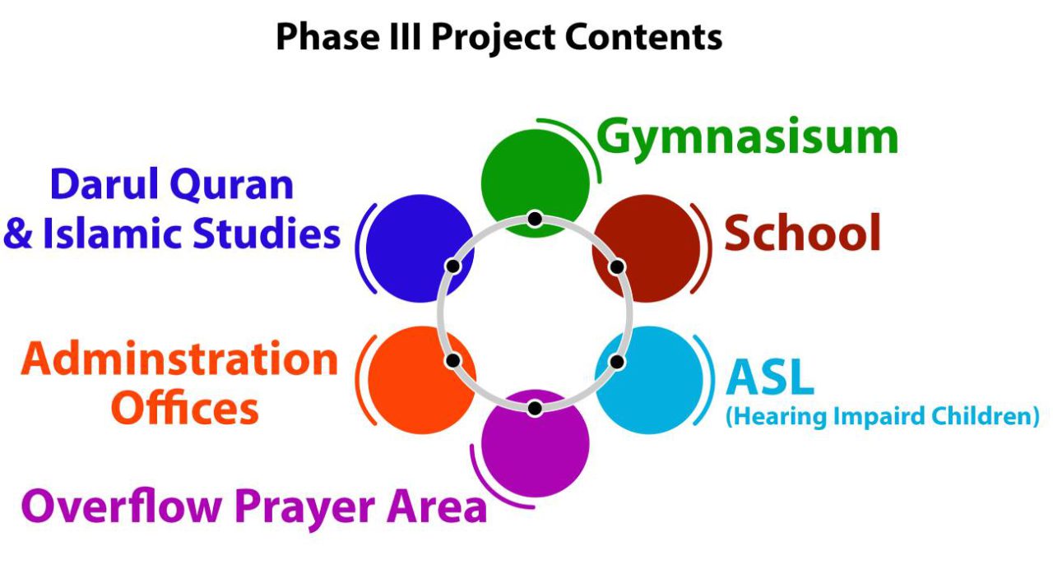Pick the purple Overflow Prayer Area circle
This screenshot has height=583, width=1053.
tap(536, 448)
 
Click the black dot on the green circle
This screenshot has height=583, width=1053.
tap(535, 219)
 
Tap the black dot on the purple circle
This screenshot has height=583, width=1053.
tap(535, 408)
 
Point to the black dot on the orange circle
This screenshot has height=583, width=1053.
tap(452, 360)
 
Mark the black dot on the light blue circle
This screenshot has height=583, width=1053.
tap(617, 361)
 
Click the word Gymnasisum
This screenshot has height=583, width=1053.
tap(747, 138)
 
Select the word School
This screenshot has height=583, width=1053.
tap(802, 234)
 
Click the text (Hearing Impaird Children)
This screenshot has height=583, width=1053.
tap(883, 416)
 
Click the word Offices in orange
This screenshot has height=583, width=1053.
tap(185, 408)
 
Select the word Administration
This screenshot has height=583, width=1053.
tap(180, 359)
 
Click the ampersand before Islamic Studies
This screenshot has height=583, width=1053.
tap(18, 234)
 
